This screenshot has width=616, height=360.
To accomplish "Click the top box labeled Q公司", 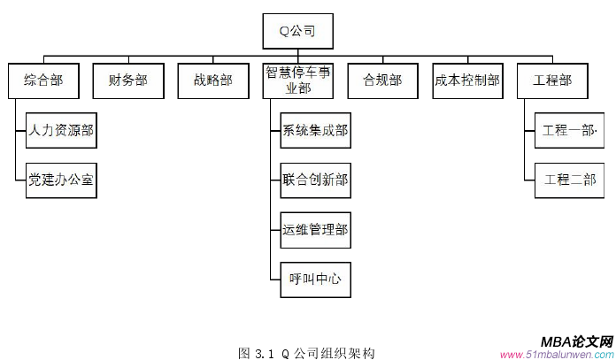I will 297,33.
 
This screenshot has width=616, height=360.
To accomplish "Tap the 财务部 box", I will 127,80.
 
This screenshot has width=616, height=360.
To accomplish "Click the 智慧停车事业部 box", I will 297,80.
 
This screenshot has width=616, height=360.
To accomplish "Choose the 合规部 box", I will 382,80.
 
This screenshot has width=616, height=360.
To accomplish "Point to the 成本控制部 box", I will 467,80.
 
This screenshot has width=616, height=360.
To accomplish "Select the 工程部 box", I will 552,80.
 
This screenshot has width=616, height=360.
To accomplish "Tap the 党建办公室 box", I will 61,180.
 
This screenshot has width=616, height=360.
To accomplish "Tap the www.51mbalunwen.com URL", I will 556,354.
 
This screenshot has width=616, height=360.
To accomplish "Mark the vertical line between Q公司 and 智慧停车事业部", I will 297,56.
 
